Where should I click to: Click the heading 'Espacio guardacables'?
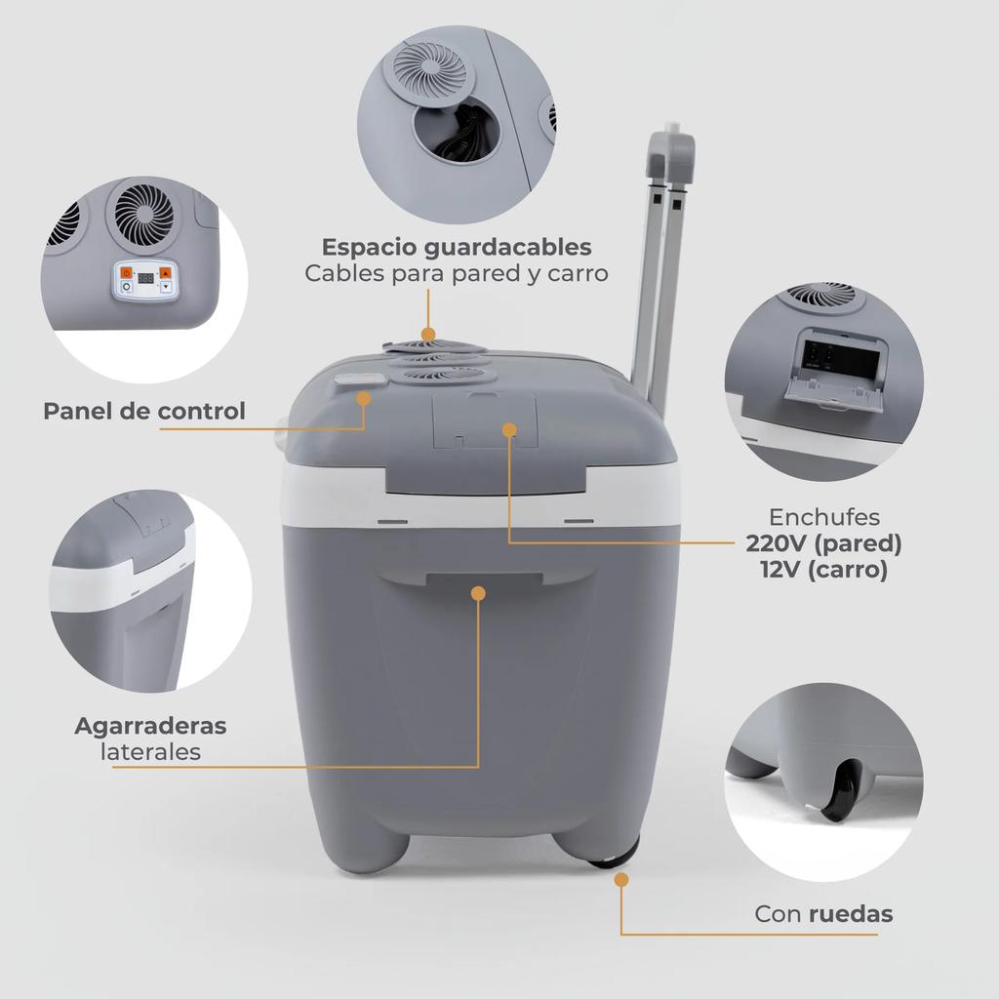click(457, 246)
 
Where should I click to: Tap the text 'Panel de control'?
click(144, 411)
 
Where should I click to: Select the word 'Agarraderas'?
click(150, 726)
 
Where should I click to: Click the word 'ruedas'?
click(850, 914)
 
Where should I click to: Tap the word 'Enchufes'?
click(824, 517)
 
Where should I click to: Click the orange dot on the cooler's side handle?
click(478, 592)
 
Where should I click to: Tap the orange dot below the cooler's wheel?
click(621, 880)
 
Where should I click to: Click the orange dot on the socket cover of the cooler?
click(508, 428)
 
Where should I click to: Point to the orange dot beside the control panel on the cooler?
click(364, 398)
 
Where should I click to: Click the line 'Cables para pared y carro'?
click(457, 273)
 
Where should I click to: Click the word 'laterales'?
click(150, 752)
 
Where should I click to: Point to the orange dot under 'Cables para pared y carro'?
click(427, 335)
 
